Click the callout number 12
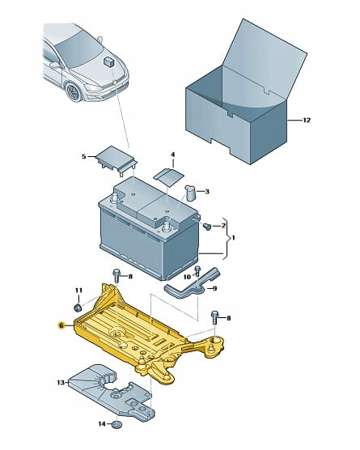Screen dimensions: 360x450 click(x=307, y=120)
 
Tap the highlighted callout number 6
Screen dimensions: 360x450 click(x=61, y=325)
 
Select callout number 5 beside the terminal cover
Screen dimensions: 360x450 click(x=84, y=156)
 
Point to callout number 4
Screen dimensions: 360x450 click(x=172, y=155)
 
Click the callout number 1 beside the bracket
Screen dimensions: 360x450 click(x=233, y=238)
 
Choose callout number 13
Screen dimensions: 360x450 click(x=61, y=383)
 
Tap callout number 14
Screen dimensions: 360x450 click(x=102, y=423)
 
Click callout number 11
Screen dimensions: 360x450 click(x=78, y=291)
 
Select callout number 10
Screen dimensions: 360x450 click(x=187, y=277)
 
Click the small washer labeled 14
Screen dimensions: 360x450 click(x=116, y=424)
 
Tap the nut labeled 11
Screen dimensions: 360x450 click(x=78, y=308)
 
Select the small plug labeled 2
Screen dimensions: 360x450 click(x=207, y=227)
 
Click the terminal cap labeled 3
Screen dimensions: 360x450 click(x=190, y=193)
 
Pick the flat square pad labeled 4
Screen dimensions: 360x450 click(x=168, y=177)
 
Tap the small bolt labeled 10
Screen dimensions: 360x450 click(x=197, y=271)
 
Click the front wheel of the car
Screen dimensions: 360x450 click(x=72, y=91)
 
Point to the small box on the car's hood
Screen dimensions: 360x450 click(x=108, y=62)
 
